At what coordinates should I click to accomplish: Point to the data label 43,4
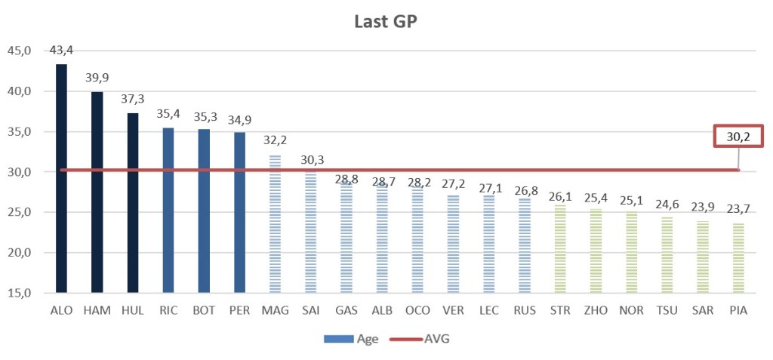[61, 51]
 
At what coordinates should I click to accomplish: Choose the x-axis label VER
[452, 310]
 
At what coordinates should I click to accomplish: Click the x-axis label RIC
[168, 310]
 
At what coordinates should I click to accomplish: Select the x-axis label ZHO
[595, 310]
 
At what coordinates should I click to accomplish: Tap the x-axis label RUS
[523, 310]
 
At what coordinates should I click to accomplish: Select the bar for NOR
[630, 253]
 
